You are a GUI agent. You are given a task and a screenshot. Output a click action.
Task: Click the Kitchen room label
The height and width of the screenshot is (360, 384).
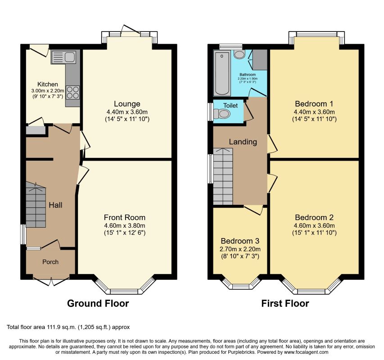(48, 84)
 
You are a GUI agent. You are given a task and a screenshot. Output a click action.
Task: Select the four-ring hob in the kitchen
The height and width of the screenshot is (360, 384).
(72, 93)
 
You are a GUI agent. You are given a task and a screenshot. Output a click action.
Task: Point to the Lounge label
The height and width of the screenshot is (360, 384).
(127, 104)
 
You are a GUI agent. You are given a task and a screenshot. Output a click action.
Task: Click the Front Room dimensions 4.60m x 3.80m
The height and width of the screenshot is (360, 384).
(125, 225)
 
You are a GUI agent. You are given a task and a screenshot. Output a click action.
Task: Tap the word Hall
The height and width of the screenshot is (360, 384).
(55, 205)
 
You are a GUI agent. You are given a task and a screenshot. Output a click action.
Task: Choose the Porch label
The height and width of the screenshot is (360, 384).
(50, 262)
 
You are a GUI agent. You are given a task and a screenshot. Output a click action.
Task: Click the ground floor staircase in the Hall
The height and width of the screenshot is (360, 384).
(36, 205)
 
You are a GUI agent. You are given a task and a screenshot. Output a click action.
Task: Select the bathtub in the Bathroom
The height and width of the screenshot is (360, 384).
(222, 73)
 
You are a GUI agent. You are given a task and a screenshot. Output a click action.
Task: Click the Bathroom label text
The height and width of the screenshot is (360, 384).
(248, 74)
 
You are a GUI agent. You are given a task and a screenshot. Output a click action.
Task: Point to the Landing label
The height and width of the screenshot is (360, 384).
(243, 142)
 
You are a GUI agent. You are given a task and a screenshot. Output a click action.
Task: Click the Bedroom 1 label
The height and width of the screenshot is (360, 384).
(314, 104)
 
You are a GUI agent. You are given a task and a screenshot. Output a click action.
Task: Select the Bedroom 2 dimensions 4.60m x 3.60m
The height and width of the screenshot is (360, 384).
(314, 225)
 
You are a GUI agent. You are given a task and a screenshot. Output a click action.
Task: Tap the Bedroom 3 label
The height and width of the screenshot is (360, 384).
(240, 241)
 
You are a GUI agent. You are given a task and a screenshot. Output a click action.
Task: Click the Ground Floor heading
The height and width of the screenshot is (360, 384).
(98, 303)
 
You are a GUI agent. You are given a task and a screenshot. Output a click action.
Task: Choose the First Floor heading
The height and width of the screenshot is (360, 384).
(285, 303)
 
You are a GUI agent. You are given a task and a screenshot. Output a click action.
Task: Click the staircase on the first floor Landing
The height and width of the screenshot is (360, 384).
(223, 176)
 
